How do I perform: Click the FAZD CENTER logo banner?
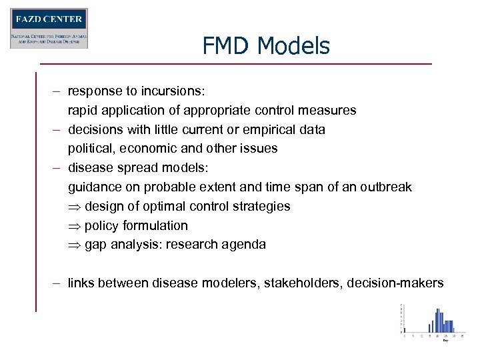[49, 28]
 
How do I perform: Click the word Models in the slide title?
[293, 46]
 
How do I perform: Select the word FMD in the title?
[226, 46]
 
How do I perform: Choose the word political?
[91, 148]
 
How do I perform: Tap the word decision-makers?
[395, 283]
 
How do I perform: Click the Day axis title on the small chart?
[445, 340]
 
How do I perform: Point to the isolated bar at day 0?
[403, 330]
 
